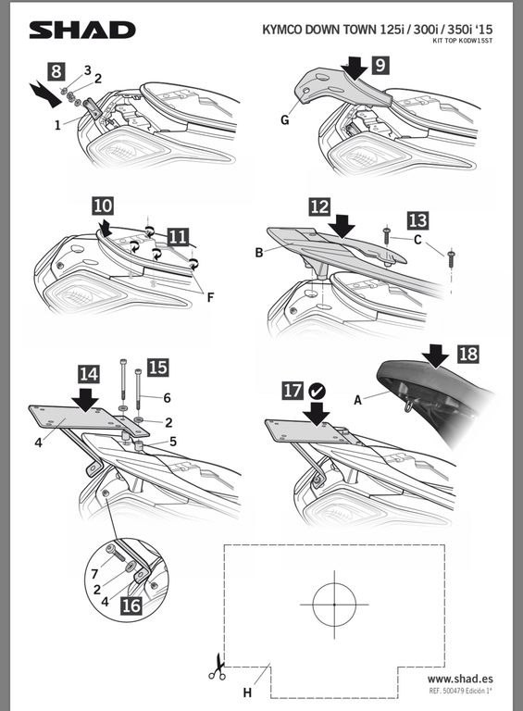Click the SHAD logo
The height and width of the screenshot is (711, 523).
[x=82, y=30]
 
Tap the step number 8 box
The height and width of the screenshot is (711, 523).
[x=56, y=71]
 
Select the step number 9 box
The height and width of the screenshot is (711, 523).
[x=380, y=66]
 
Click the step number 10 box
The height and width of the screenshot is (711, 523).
[x=103, y=206]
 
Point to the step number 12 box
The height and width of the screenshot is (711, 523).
[x=320, y=206]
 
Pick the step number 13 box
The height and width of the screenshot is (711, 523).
[x=417, y=220]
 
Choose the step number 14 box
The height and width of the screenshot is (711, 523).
[x=88, y=374]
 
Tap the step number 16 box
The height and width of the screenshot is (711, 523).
[x=131, y=606]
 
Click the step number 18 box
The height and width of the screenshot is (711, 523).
[x=468, y=354]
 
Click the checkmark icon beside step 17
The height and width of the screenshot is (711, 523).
[x=317, y=391]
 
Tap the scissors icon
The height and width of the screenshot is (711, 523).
[x=218, y=667]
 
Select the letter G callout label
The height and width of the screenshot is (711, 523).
[x=284, y=120]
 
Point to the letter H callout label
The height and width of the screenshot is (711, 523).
[x=247, y=692]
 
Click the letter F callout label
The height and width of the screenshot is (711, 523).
[x=210, y=298]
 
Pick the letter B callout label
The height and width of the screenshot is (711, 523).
[x=259, y=253]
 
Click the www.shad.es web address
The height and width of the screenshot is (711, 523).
[x=460, y=679]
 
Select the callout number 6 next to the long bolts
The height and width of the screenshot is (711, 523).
[x=168, y=398]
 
